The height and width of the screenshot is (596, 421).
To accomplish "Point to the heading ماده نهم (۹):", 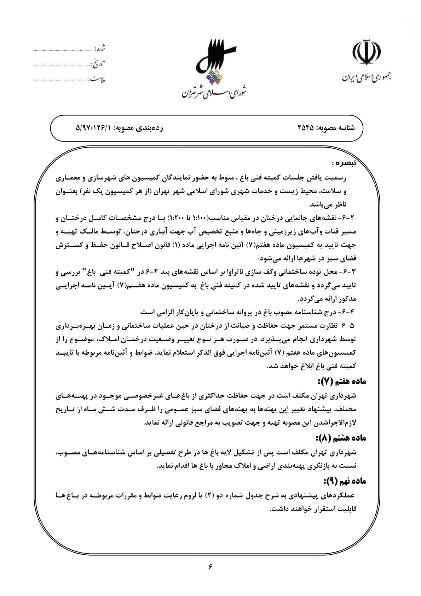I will [x=344, y=482].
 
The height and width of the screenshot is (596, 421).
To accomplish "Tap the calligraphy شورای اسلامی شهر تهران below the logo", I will [x=215, y=93].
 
